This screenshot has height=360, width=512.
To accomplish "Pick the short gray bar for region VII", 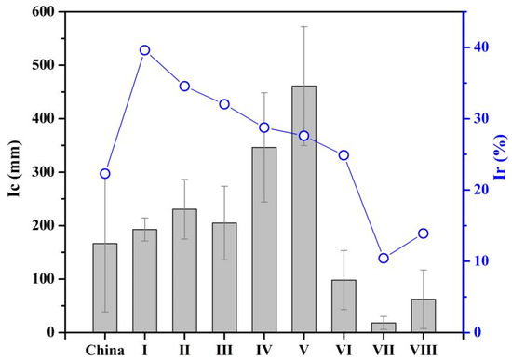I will (x=384, y=327).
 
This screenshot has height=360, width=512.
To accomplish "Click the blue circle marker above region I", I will (x=144, y=50).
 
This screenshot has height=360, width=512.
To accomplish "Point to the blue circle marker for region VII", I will (x=384, y=258).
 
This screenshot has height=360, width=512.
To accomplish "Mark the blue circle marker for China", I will (x=104, y=174).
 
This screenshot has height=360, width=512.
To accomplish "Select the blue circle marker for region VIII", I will (x=424, y=233).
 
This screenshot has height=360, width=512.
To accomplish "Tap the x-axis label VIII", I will (x=424, y=349).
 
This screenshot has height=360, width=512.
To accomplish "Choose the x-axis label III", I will (x=224, y=349).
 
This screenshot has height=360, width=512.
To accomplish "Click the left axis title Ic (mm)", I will (x=13, y=171).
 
